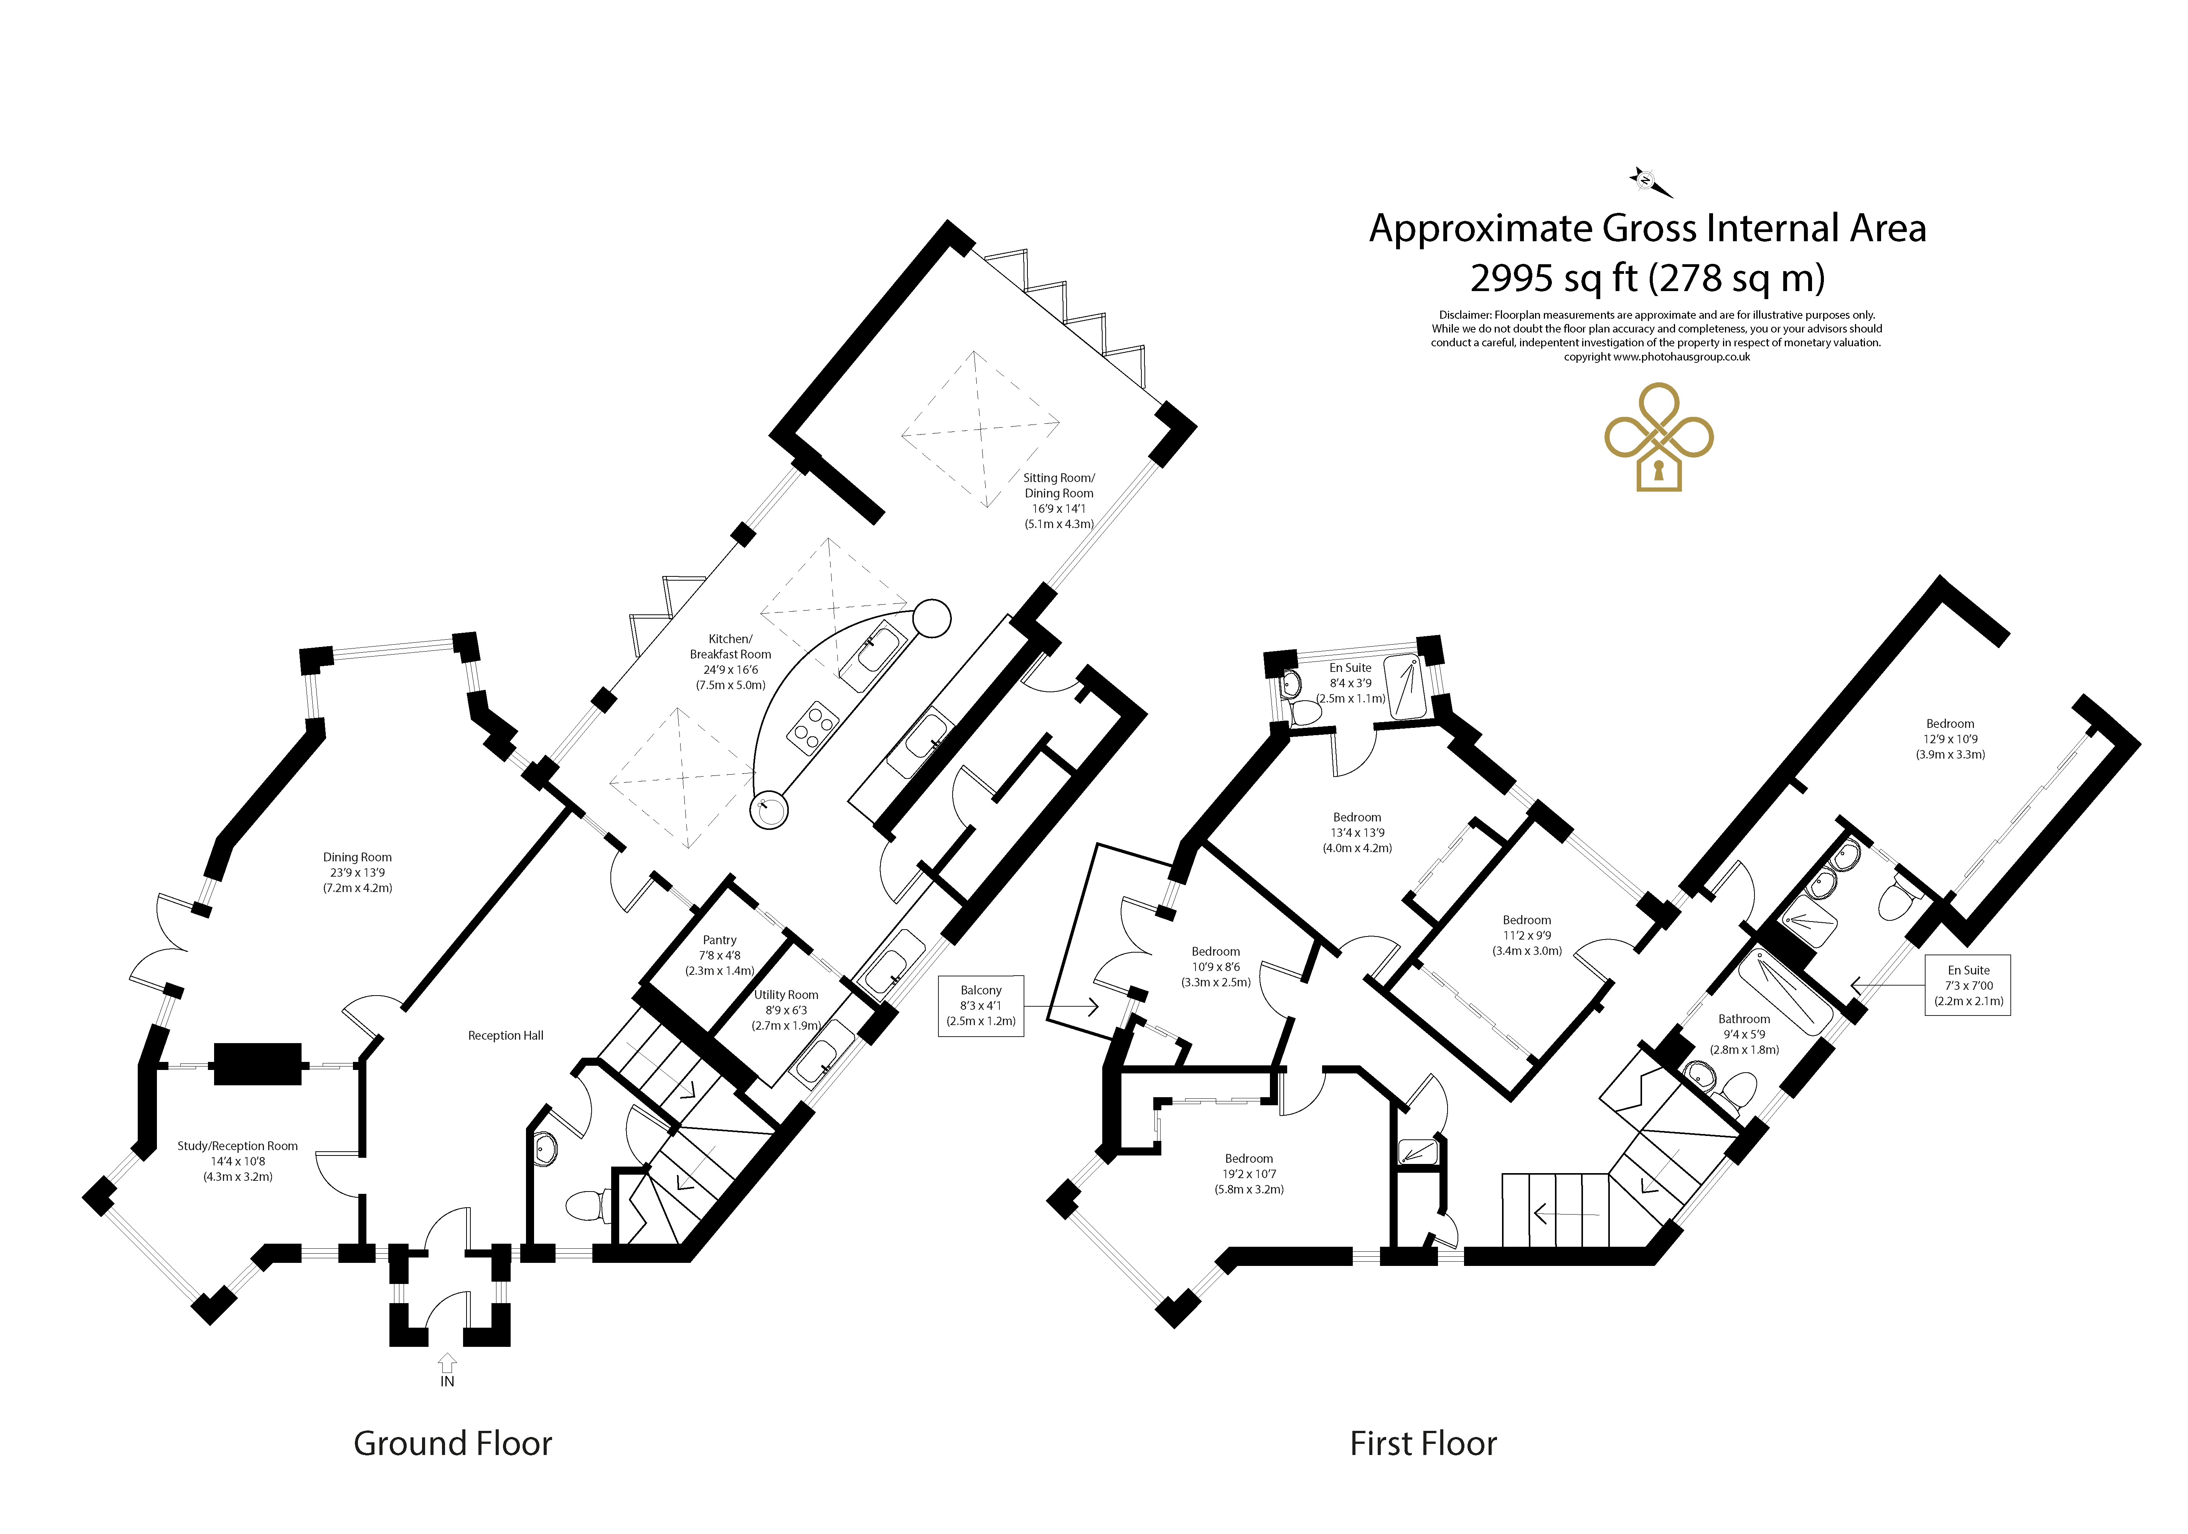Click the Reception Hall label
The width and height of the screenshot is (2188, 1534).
coord(506,1036)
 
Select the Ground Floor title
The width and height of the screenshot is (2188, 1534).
coord(453,1443)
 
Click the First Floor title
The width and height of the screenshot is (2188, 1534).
coord(1424,1443)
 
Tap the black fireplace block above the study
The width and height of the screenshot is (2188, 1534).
coord(257,1064)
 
